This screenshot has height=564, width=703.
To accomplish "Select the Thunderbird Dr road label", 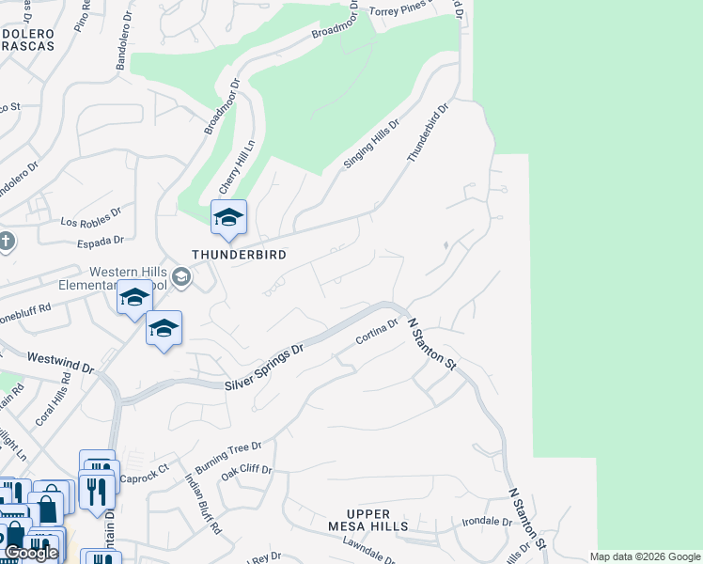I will (429, 133).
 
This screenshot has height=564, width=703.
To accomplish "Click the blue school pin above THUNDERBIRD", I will (228, 218).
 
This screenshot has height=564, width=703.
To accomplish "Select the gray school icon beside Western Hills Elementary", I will (181, 276).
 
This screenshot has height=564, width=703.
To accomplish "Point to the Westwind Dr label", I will (60, 362).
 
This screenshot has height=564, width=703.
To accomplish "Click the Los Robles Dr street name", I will (91, 217).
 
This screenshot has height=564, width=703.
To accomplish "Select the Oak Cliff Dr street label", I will (245, 476).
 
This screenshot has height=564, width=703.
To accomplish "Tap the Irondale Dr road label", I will (487, 520).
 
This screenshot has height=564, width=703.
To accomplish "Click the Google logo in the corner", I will (31, 552).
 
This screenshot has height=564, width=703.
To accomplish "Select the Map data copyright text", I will (645, 556).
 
